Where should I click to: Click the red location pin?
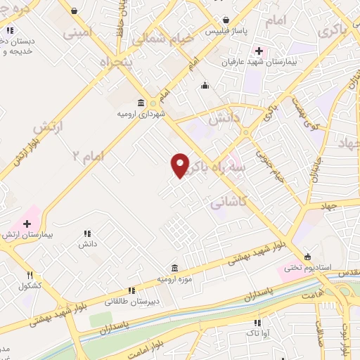tap(180, 165)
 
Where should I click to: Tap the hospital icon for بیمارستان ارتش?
tap(27, 224)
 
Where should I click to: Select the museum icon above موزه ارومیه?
tap(174, 268)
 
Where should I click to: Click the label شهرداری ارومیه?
tap(141, 115)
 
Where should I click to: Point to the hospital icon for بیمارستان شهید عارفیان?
tap(259, 51)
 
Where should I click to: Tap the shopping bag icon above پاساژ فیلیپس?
tap(224, 20)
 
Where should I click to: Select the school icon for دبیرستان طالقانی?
tap(131, 290)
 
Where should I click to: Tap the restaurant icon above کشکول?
tap(30, 275)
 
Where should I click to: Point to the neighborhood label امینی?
tap(77, 32)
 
